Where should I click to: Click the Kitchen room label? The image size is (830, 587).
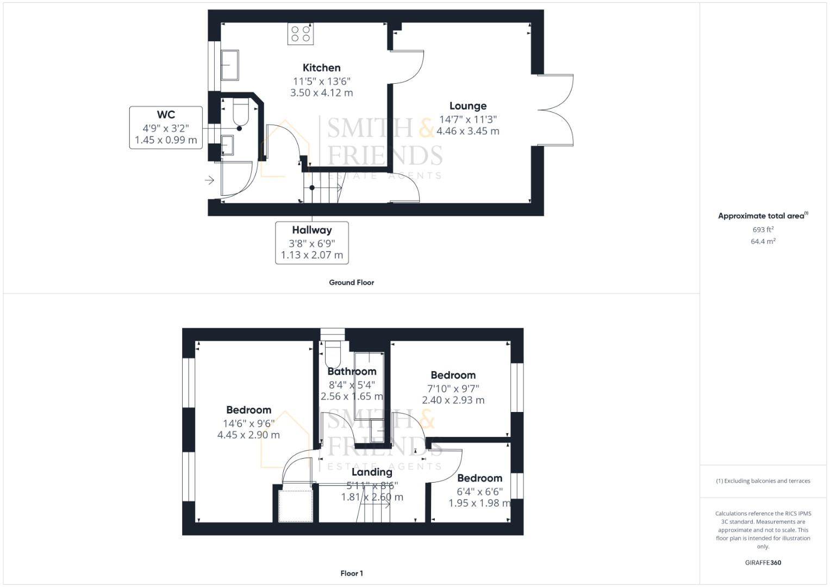pos(321,68)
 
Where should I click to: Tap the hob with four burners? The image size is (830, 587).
pos(301,34)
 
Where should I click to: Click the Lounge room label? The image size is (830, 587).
pos(467,106)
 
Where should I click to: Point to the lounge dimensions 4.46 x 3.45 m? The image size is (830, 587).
pos(467,131)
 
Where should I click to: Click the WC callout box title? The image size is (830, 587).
pos(166,115)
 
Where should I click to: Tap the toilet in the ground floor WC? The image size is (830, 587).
pos(240,111)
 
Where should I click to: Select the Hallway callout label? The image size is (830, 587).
pos(311,230)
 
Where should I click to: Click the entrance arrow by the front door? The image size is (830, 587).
pos(210,180)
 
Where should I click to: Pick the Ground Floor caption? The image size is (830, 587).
pos(351,283)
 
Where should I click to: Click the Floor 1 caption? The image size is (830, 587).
pos(351,573)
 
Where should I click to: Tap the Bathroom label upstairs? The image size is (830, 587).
pos(352,372)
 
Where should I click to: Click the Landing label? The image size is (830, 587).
pos(372,472)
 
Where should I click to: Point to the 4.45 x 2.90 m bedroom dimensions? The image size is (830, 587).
pos(248,435)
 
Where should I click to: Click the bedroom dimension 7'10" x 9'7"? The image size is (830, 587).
pos(453,389)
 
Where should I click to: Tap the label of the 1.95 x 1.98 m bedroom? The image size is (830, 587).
pos(479,478)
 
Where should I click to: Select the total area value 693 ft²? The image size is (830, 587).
pos(763,229)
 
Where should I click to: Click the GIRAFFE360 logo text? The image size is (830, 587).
pos(763,563)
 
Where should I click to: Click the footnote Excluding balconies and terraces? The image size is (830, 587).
pos(763,481)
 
